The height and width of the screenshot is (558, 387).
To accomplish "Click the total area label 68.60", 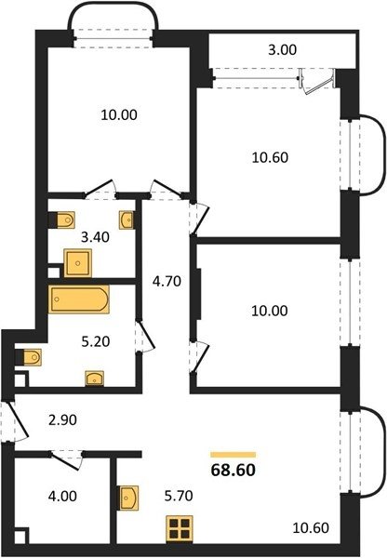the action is (x=234, y=470).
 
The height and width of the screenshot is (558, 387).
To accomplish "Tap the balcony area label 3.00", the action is (x=282, y=50).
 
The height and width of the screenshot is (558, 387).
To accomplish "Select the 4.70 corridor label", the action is (x=167, y=282).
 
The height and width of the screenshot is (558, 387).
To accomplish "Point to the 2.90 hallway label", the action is (x=62, y=420).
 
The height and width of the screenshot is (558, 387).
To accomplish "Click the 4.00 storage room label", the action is (x=62, y=496).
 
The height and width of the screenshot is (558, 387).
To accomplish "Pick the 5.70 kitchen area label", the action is (x=179, y=495).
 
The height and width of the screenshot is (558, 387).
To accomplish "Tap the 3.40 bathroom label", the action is (x=95, y=236).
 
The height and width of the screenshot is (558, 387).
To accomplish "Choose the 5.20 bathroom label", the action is (x=96, y=341).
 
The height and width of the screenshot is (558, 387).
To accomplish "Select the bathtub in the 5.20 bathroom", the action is (x=79, y=299).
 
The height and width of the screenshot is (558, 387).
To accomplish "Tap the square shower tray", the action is (x=77, y=263).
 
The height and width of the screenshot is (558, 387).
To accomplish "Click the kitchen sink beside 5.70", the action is (x=128, y=498).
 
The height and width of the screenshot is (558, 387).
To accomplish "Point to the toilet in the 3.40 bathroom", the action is (x=63, y=219).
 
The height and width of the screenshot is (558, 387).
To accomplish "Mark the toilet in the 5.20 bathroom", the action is (x=30, y=357).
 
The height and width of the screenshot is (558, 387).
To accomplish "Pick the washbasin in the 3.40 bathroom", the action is (x=127, y=220).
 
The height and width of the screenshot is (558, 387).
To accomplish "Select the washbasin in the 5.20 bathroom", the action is (x=94, y=379).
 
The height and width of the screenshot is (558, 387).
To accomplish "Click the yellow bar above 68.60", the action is (x=234, y=455).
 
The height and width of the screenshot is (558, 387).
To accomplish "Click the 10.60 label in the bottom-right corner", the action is (x=311, y=527).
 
